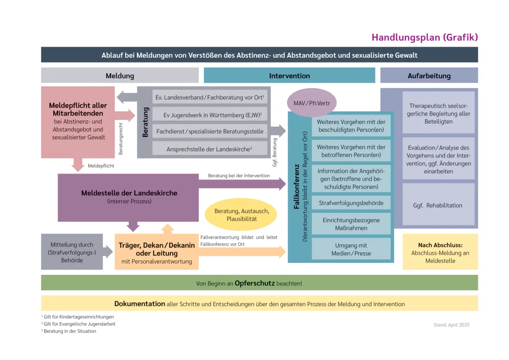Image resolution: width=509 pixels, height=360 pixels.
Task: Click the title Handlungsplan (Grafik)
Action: [424, 37]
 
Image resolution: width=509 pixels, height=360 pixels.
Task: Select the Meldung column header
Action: [120, 75]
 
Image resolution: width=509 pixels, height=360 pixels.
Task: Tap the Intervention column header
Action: [289, 75]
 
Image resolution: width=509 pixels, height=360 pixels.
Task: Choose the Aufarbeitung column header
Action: [429, 75]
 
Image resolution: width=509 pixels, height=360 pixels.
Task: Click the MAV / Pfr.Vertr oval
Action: [312, 103]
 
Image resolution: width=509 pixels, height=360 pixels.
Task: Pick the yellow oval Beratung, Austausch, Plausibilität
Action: [241, 215]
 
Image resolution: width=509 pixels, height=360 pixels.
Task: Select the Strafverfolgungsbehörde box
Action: [351, 203]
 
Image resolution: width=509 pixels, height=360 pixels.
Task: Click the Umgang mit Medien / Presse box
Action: [351, 249]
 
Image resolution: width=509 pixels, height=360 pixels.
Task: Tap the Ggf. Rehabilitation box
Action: [438, 205]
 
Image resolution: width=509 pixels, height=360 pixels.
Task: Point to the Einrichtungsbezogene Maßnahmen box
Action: [351, 224]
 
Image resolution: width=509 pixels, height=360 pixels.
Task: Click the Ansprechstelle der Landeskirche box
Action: [210, 149]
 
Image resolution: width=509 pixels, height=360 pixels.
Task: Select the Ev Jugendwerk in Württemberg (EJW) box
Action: [210, 115]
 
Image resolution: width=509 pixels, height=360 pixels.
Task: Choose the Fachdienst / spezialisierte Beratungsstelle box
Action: [210, 131]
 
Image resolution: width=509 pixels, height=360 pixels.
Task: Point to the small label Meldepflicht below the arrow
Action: [101, 166]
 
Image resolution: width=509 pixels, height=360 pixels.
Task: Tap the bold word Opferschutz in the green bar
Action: [254, 283]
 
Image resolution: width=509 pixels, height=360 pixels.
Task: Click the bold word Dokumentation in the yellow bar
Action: [140, 304]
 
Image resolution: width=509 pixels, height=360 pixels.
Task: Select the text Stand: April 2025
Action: [451, 325]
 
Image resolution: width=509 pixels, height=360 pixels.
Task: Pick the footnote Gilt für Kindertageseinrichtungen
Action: [79, 317]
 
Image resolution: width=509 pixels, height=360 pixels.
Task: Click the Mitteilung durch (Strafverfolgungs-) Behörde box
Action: [72, 252]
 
